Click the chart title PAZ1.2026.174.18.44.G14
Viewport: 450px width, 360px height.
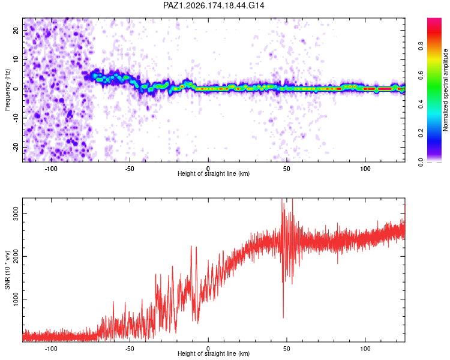[x=214, y=5]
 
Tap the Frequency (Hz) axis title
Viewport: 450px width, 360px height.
[x=7, y=90]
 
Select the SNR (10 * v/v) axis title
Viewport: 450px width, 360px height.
[x=7, y=270]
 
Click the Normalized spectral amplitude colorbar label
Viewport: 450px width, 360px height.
[x=445, y=90]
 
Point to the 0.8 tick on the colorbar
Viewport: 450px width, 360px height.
[x=421, y=46]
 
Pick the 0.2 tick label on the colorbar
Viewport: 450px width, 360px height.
[x=421, y=133]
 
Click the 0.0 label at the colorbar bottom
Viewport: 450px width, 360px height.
[x=421, y=162]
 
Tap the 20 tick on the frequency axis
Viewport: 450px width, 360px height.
[x=16, y=30]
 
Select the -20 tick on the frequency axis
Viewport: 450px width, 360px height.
[x=16, y=148]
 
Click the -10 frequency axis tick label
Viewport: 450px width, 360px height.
[x=16, y=118]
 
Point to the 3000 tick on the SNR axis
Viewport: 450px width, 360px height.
[x=16, y=214]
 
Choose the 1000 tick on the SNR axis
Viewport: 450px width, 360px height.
[x=16, y=299]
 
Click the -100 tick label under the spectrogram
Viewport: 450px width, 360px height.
[x=51, y=169]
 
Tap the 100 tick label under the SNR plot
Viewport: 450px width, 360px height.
[x=365, y=349]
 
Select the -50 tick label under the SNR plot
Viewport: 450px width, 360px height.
[x=130, y=349]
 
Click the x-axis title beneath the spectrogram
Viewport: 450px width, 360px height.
[x=214, y=173]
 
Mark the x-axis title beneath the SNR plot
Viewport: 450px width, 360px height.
[x=214, y=353]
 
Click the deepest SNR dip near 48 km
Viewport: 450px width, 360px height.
[x=283, y=317]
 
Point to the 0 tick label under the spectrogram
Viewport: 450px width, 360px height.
[x=208, y=169]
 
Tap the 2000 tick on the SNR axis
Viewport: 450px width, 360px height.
[x=16, y=256]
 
